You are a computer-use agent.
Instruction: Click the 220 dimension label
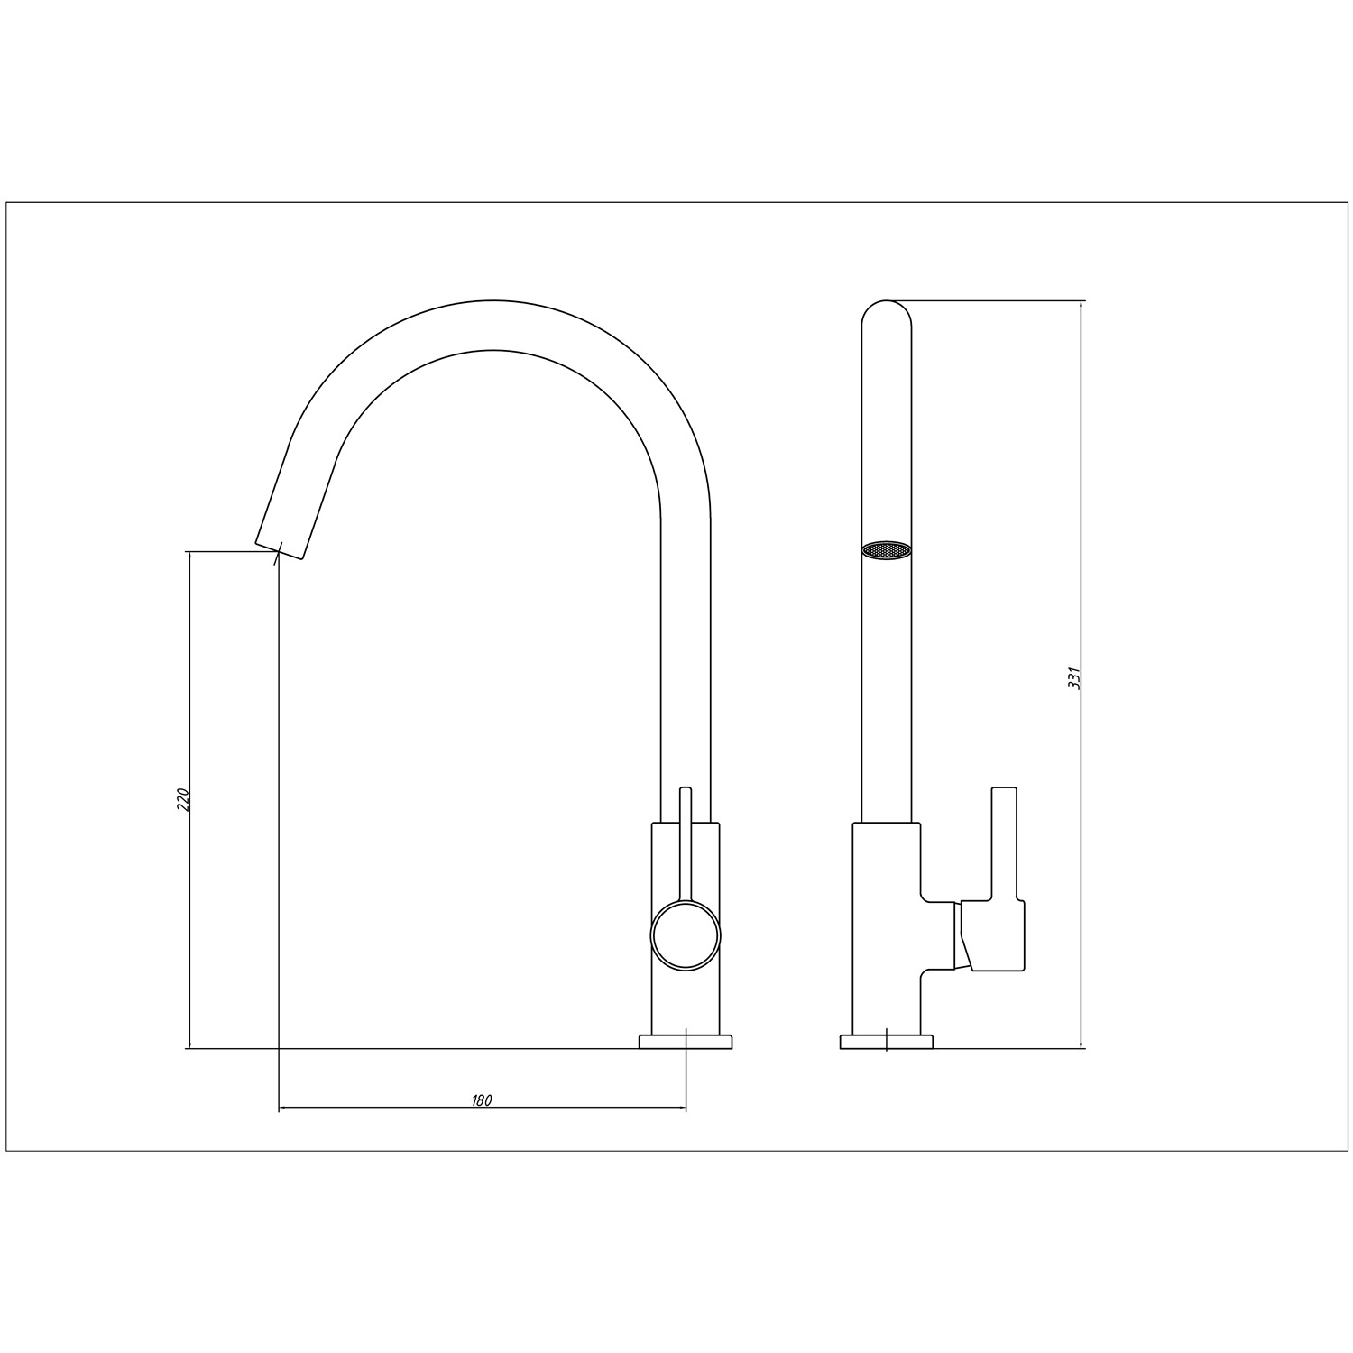pos(182,800)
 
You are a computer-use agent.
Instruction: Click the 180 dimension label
pos(482,1100)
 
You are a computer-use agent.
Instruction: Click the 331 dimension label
pos(1073,678)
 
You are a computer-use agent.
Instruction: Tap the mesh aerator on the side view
pos(888,550)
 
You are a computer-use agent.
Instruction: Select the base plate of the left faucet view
pos(686,1042)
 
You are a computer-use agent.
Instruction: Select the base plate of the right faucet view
pos(887,1042)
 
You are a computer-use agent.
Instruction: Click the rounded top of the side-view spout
pos(888,312)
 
